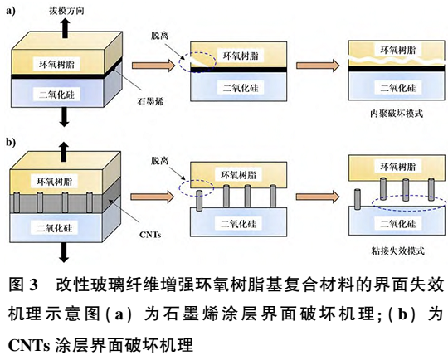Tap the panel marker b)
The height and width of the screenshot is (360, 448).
11,142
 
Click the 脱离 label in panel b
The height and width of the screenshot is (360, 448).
161,157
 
